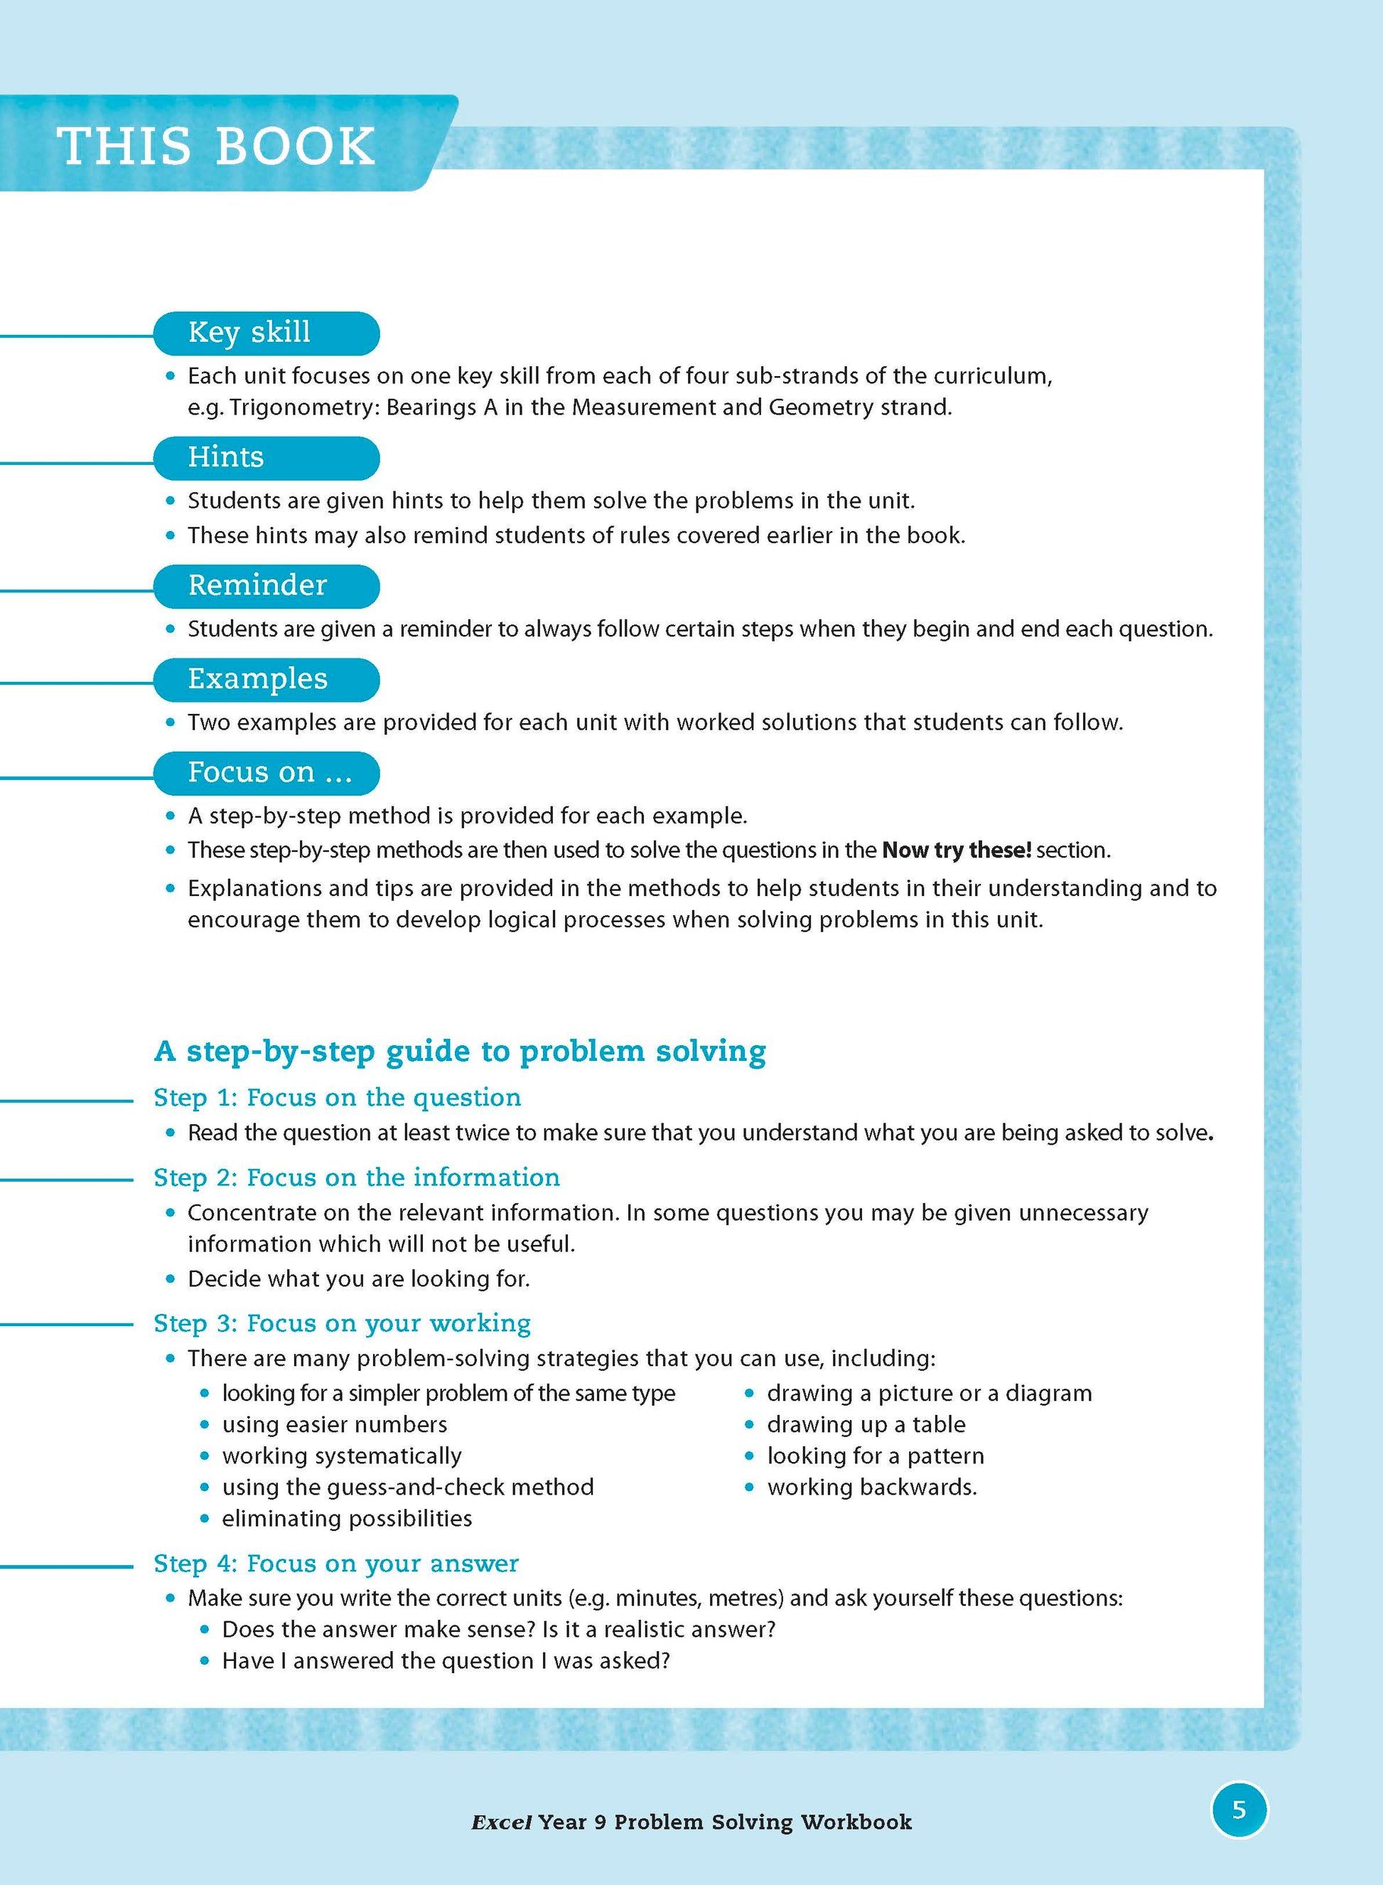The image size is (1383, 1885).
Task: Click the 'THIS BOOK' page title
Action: click(x=216, y=146)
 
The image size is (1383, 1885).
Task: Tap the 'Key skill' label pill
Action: click(x=267, y=333)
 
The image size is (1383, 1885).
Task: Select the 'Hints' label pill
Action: click(x=267, y=458)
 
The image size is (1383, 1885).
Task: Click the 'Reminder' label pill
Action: click(x=267, y=585)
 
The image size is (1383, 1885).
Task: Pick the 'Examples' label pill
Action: click(x=267, y=679)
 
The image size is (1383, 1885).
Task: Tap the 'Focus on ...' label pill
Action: click(x=267, y=773)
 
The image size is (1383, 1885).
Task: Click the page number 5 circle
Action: click(x=1239, y=1810)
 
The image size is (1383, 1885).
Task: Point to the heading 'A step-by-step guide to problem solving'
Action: click(x=460, y=1051)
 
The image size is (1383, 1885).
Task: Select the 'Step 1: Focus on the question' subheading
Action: click(x=337, y=1097)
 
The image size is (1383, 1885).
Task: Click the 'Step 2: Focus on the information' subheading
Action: click(x=357, y=1178)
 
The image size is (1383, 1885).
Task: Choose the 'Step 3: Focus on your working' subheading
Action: click(x=342, y=1323)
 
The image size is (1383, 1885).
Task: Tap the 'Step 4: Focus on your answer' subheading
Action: click(x=335, y=1564)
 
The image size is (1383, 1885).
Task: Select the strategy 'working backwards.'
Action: click(x=871, y=1488)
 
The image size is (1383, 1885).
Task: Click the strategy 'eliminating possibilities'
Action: click(x=347, y=1518)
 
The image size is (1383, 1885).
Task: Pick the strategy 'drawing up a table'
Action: click(x=866, y=1424)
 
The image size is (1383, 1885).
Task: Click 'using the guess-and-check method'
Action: click(x=408, y=1488)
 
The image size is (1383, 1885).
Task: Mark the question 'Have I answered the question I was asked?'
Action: click(x=446, y=1660)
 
